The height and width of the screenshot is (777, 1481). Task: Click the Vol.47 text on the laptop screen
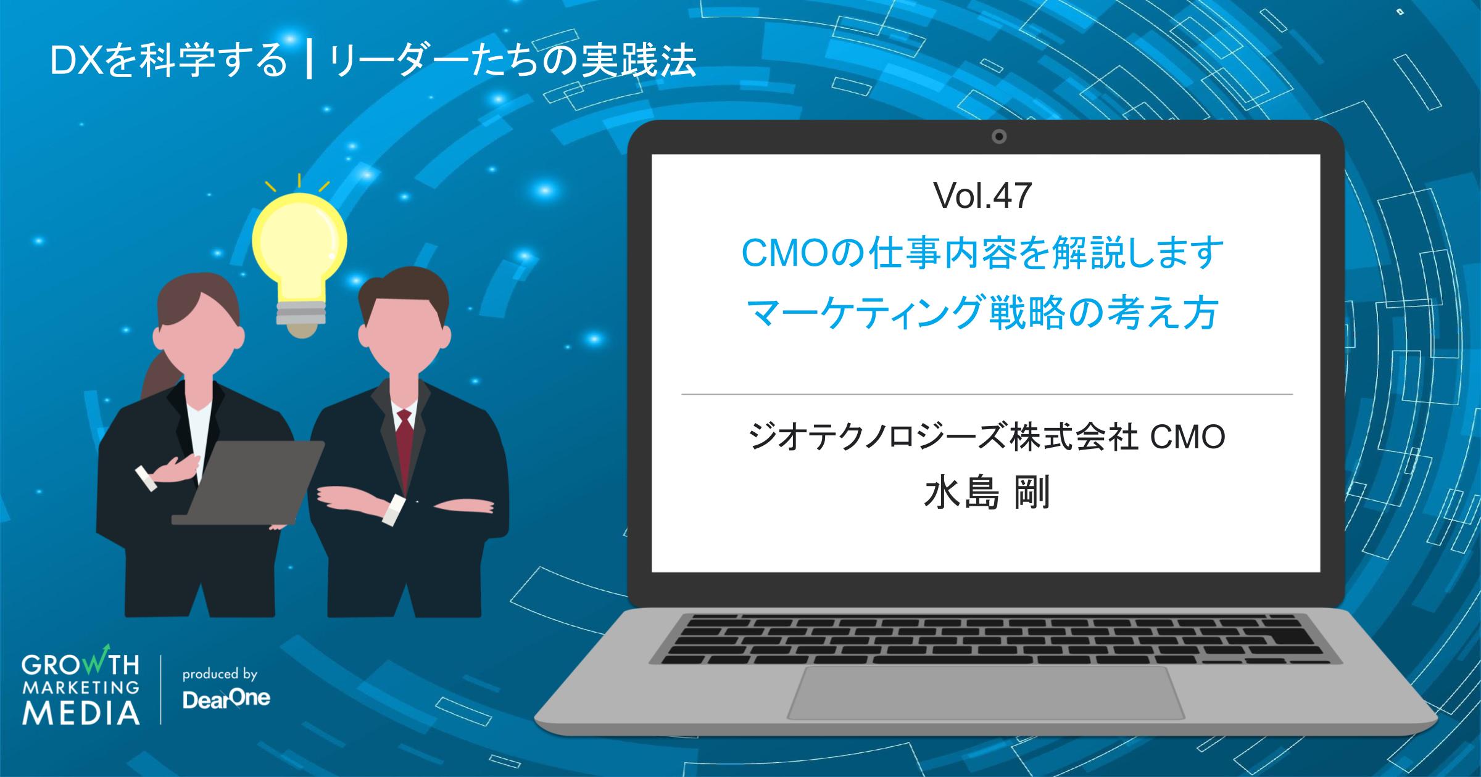pyautogui.click(x=983, y=197)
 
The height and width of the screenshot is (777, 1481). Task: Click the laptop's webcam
pyautogui.click(x=999, y=136)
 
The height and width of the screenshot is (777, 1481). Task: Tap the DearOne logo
pyautogui.click(x=226, y=701)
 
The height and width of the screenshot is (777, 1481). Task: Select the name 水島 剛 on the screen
pyautogui.click(x=986, y=494)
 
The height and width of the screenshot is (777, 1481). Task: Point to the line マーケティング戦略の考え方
pyautogui.click(x=982, y=313)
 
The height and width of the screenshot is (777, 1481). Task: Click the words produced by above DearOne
pyautogui.click(x=220, y=674)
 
